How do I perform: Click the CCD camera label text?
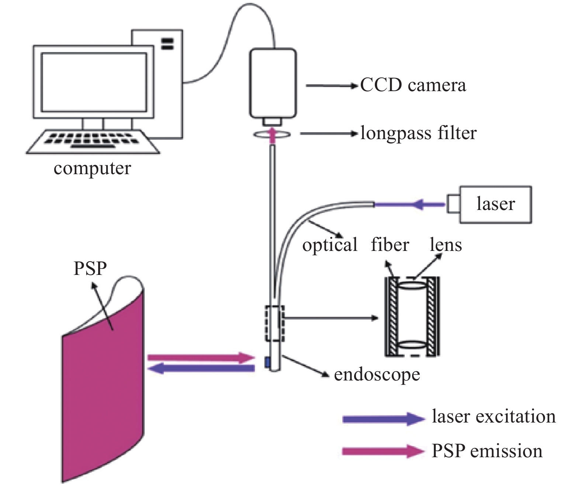[413, 85]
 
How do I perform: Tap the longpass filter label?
[418, 133]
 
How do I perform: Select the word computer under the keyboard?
[92, 169]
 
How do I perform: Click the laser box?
[495, 204]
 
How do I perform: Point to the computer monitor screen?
[94, 82]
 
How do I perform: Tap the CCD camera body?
[273, 83]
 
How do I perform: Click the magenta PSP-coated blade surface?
[103, 387]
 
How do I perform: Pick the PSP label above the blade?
[90, 268]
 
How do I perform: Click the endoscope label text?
[377, 375]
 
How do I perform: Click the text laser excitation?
[494, 417]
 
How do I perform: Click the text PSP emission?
[487, 451]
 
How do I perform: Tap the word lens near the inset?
[446, 245]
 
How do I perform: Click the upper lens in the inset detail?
[412, 285]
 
